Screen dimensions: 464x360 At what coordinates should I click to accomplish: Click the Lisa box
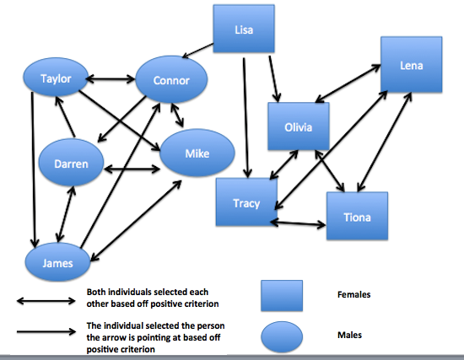[x=244, y=29]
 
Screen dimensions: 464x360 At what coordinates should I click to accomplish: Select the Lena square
[x=412, y=64]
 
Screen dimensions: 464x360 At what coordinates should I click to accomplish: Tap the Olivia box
[x=299, y=126]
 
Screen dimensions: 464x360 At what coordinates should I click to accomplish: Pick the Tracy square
[x=246, y=202]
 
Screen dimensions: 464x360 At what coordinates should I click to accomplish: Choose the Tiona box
[x=357, y=216]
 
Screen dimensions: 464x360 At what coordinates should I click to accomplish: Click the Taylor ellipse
[x=56, y=78]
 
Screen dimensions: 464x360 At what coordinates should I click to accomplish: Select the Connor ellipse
[x=171, y=79]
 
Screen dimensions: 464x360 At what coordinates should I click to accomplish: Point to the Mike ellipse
[x=197, y=153]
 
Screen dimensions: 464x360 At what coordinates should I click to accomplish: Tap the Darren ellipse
[x=72, y=163]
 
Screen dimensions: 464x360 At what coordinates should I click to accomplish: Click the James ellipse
[x=57, y=262]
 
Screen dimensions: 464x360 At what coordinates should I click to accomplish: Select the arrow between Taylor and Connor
[x=111, y=79]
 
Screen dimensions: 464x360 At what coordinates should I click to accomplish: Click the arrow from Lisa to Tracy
[x=245, y=118]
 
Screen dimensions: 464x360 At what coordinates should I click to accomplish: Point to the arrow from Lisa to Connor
[x=197, y=51]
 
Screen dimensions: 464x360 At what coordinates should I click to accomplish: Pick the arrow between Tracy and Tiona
[x=298, y=223]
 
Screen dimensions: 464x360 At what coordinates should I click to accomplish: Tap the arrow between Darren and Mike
[x=132, y=169]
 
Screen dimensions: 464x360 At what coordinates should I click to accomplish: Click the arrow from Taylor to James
[x=34, y=169]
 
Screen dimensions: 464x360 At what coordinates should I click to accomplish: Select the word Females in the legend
[x=354, y=294]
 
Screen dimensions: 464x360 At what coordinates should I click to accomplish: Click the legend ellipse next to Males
[x=282, y=336]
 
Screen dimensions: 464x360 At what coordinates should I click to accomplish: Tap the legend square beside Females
[x=282, y=296]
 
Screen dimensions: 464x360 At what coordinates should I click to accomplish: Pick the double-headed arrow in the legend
[x=46, y=301]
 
